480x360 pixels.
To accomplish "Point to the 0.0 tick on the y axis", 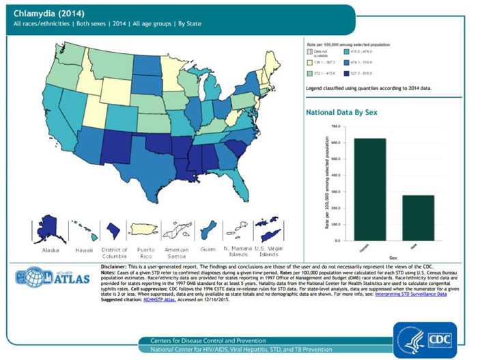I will pos(336,240).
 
